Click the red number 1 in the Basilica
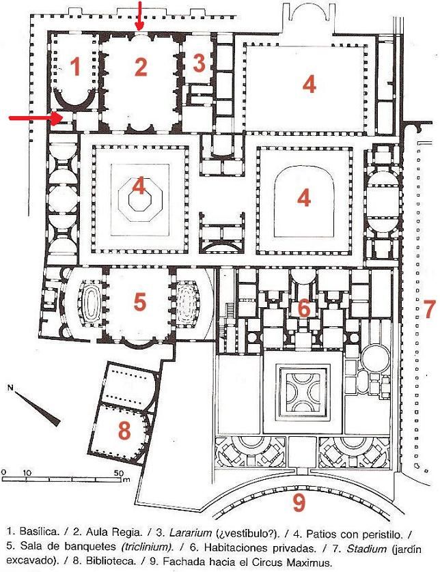click(76, 67)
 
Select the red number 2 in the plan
click(141, 67)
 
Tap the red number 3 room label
click(199, 63)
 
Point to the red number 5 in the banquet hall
click(139, 301)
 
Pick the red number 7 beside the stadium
click(429, 304)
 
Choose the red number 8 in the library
click(124, 431)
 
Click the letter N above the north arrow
click(10, 388)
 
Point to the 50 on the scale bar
click(118, 472)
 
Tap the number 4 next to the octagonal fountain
click(139, 185)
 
